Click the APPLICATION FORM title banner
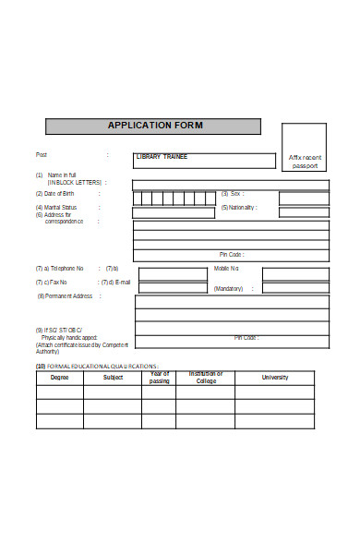coord(154,126)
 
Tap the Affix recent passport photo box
coord(304,162)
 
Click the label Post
coord(41,154)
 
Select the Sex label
coord(234,194)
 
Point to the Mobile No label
coord(227,268)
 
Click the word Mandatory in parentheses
coord(228,289)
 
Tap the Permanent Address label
coord(66,295)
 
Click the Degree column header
coord(59,377)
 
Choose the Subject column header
coord(113,377)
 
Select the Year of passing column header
coord(159,377)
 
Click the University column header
coord(275,377)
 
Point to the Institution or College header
coord(206,377)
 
